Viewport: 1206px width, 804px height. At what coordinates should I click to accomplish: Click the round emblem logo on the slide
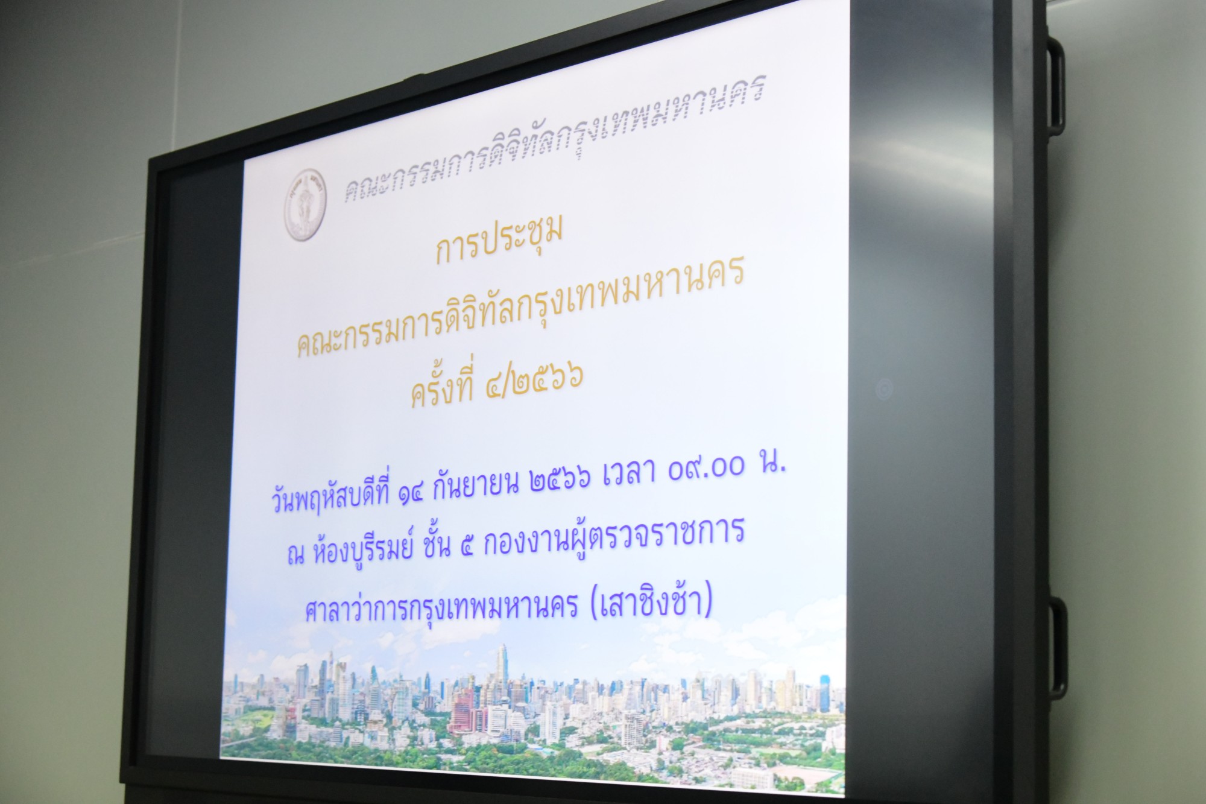[306, 205]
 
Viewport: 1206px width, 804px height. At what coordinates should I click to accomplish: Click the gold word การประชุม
[499, 240]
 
